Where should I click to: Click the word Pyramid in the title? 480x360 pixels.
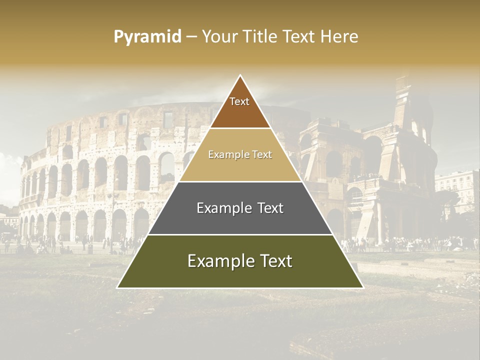147,36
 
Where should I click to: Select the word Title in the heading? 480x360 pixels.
261,36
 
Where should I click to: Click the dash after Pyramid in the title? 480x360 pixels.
191,36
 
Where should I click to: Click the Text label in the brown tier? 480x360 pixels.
239,101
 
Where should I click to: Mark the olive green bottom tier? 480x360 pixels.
240,275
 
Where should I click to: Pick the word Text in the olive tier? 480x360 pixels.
275,261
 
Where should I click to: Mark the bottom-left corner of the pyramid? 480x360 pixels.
118,287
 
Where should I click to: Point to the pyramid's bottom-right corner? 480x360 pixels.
362,287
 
